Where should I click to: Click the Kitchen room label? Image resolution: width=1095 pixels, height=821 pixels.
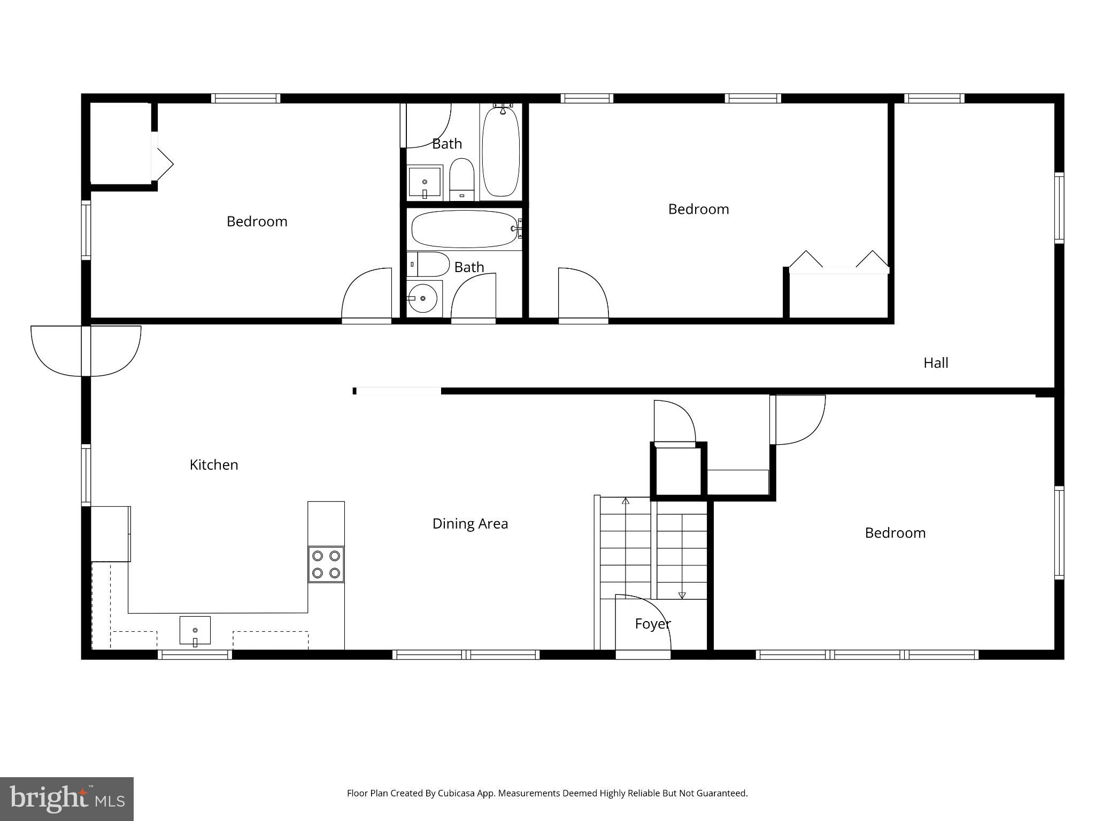pyautogui.click(x=214, y=464)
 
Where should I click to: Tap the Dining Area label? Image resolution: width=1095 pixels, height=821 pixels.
pyautogui.click(x=470, y=524)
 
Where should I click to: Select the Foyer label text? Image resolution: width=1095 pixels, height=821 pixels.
pyautogui.click(x=652, y=624)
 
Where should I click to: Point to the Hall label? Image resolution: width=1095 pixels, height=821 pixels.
pyautogui.click(x=936, y=363)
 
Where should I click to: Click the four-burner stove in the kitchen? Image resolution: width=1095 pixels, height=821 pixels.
pyautogui.click(x=326, y=564)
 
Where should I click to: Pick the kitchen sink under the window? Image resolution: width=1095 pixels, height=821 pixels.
pyautogui.click(x=195, y=631)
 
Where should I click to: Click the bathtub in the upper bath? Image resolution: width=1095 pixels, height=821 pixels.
pyautogui.click(x=500, y=152)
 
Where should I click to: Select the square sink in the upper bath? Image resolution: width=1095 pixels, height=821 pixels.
pyautogui.click(x=425, y=182)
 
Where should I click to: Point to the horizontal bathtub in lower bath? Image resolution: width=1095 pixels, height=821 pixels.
pyautogui.click(x=464, y=229)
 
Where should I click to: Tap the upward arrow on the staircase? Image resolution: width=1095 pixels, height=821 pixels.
pyautogui.click(x=626, y=501)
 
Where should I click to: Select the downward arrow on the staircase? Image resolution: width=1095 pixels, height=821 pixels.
pyautogui.click(x=682, y=595)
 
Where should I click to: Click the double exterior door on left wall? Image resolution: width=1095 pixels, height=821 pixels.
pyautogui.click(x=86, y=351)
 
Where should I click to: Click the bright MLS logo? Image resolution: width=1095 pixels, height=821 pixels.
pyautogui.click(x=66, y=799)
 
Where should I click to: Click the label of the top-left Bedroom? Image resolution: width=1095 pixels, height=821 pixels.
pyautogui.click(x=257, y=221)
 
